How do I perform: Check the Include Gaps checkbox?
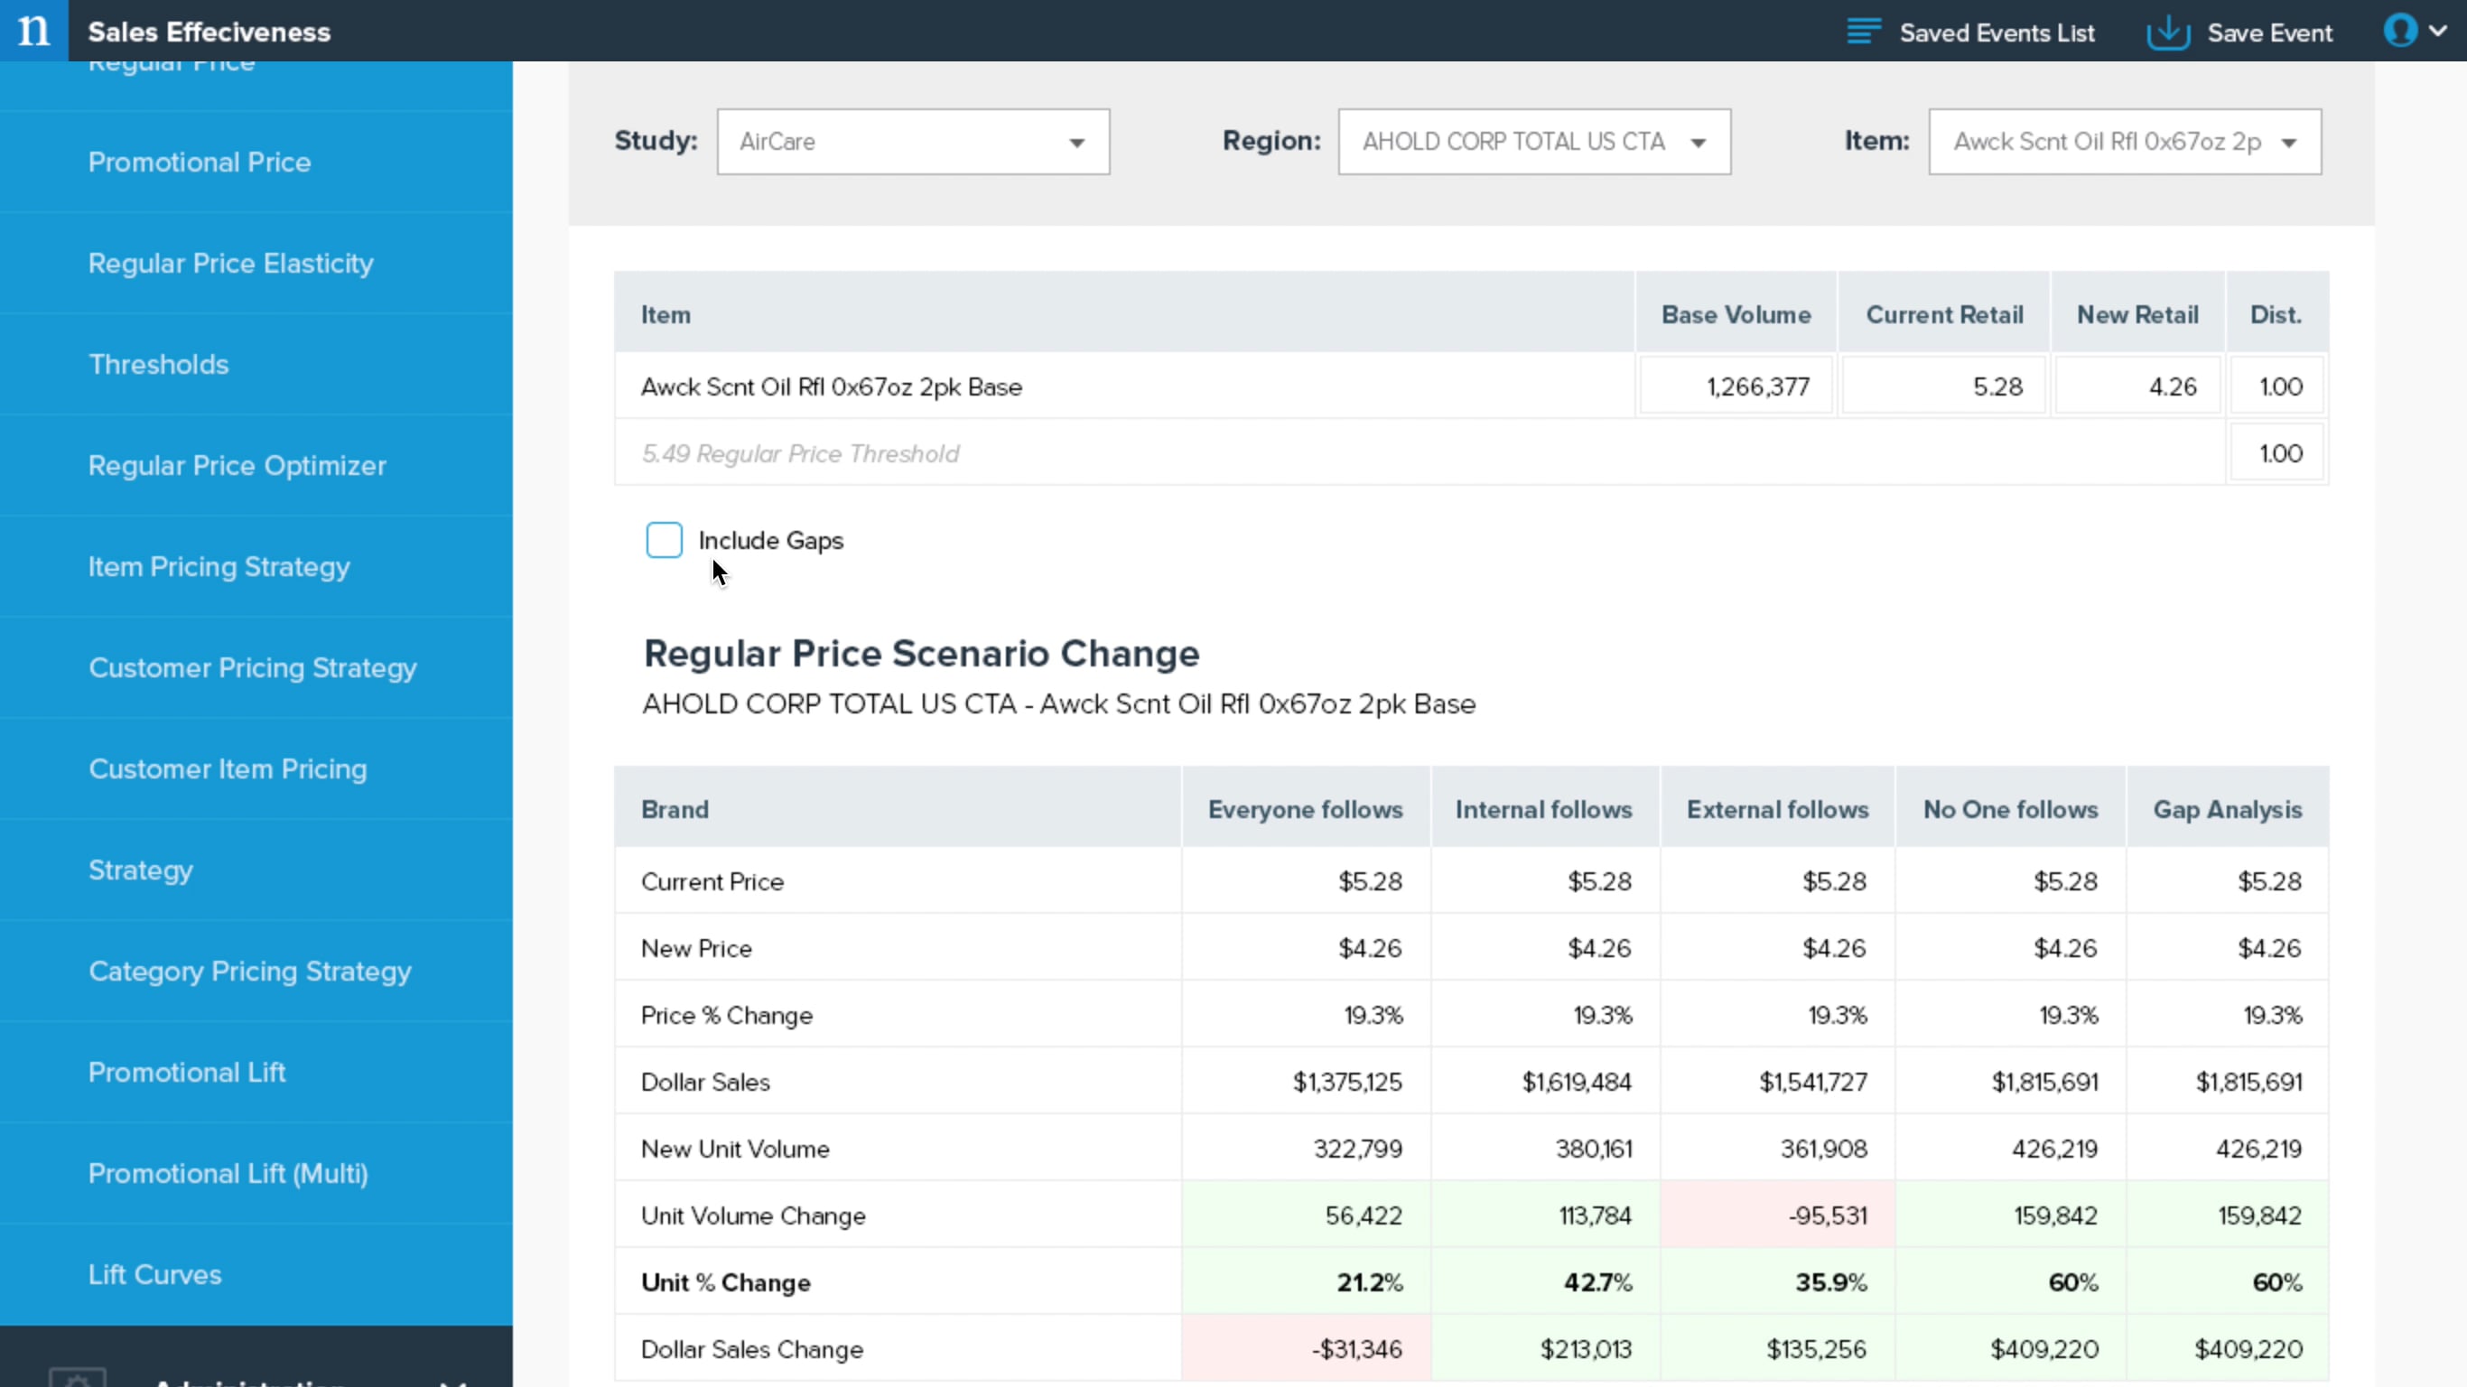pyautogui.click(x=664, y=540)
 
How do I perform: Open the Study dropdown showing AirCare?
pyautogui.click(x=913, y=142)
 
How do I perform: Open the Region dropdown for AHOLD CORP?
pyautogui.click(x=1533, y=142)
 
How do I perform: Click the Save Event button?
pyautogui.click(x=2240, y=33)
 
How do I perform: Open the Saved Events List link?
pyautogui.click(x=1971, y=33)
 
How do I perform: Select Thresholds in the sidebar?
pyautogui.click(x=158, y=364)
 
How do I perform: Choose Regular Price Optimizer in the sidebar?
pyautogui.click(x=237, y=466)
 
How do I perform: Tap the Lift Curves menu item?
pyautogui.click(x=155, y=1274)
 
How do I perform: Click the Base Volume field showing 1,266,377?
pyautogui.click(x=1736, y=386)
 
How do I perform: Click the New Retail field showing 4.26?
pyautogui.click(x=2137, y=386)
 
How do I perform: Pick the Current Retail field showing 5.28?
pyautogui.click(x=1944, y=386)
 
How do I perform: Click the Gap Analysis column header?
pyautogui.click(x=2227, y=809)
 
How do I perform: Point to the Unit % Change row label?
pyautogui.click(x=726, y=1282)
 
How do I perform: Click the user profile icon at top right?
pyautogui.click(x=2400, y=31)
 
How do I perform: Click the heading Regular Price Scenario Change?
pyautogui.click(x=921, y=653)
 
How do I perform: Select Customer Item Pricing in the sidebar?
pyautogui.click(x=228, y=769)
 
